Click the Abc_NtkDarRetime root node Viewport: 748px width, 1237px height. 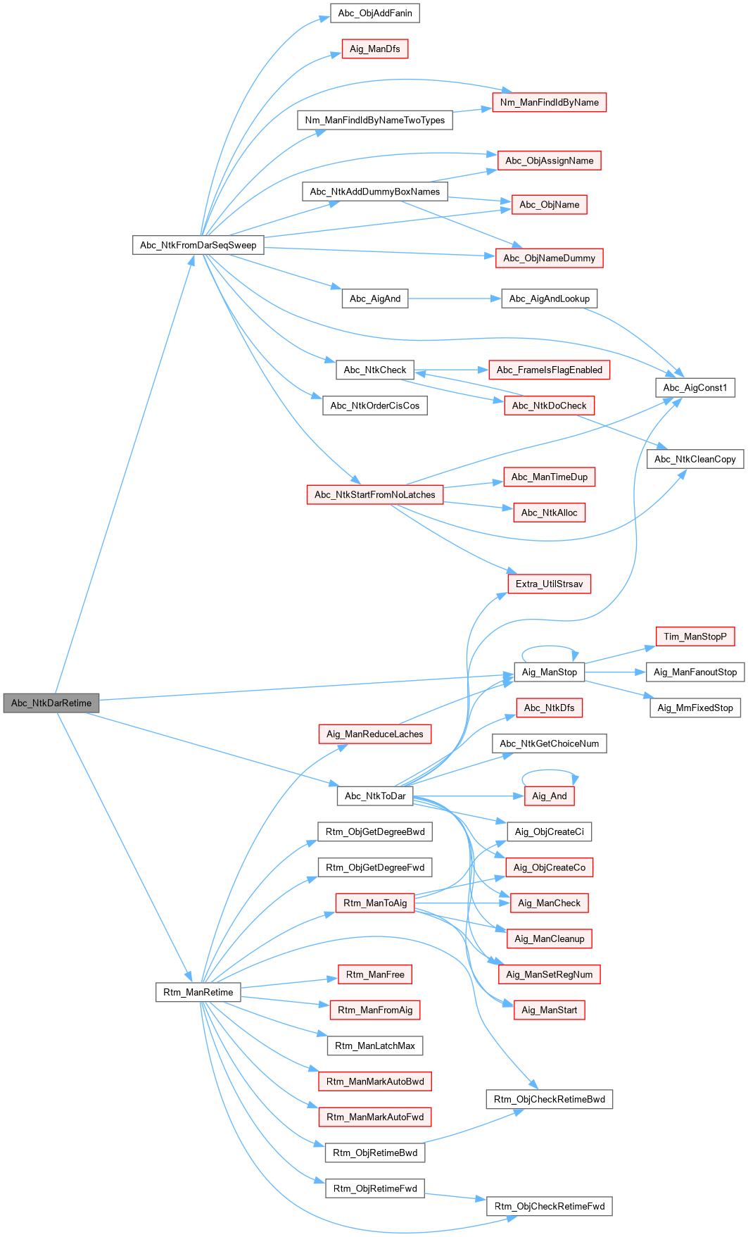51,703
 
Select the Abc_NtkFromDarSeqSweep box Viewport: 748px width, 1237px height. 198,245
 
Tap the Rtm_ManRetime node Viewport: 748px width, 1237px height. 198,992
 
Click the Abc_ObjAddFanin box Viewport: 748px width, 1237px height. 374,13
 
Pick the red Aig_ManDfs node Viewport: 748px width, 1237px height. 374,49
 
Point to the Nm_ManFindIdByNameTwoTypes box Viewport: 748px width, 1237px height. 374,120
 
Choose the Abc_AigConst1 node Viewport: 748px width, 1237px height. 695,387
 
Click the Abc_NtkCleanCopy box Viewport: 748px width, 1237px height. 695,459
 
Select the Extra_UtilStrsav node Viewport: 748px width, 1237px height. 549,584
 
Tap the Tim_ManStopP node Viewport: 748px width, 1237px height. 695,636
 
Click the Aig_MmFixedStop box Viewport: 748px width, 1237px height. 695,708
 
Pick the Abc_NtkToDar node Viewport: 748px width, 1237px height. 374,796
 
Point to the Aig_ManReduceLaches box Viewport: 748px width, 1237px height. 374,734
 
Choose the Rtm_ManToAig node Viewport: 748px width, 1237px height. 374,903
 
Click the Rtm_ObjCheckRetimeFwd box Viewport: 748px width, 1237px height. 549,1206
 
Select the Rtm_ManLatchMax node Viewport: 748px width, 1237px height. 374,1046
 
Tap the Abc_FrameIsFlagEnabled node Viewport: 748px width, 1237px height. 549,370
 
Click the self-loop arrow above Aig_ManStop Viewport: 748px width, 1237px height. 549,646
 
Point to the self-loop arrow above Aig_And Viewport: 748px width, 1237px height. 550,771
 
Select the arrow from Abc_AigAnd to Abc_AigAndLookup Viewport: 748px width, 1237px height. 454,299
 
